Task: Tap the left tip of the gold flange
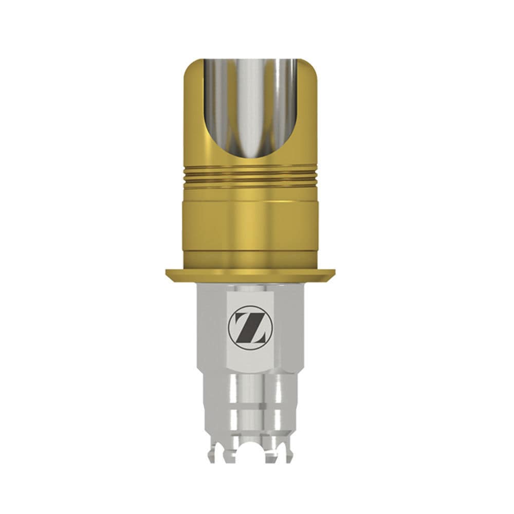coord(168,273)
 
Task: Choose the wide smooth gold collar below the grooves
coord(250,221)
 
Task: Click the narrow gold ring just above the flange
coord(250,260)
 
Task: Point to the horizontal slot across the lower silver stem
coord(250,409)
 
